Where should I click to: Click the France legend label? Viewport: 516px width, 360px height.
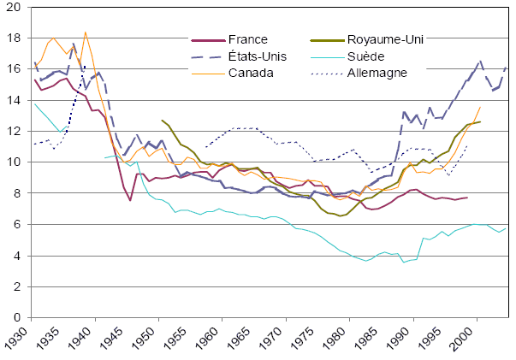point(248,39)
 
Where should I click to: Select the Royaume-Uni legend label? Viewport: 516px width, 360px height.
point(386,39)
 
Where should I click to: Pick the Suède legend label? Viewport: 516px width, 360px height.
point(365,56)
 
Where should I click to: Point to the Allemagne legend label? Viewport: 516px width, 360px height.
point(377,72)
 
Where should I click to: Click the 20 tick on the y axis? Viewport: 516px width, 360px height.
point(15,8)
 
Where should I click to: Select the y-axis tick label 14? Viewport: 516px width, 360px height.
point(15,101)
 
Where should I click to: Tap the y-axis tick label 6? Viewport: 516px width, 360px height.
point(19,225)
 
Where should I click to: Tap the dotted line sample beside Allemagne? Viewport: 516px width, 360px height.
point(320,73)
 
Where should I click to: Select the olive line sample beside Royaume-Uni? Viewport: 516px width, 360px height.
point(320,40)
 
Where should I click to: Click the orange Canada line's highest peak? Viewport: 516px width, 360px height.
point(86,32)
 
